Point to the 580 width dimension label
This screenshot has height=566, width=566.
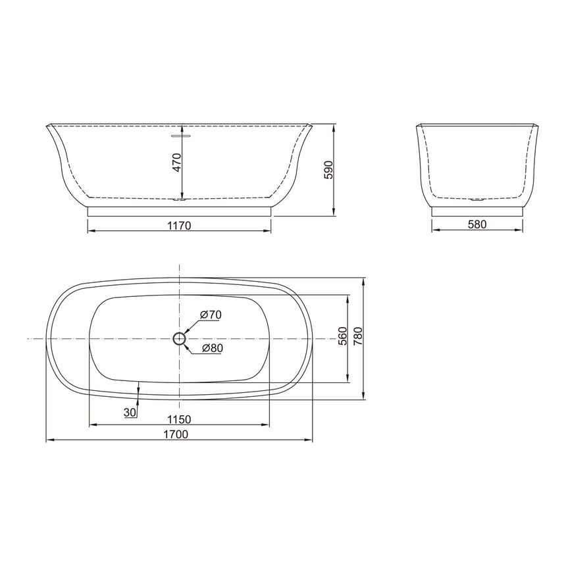coord(476,224)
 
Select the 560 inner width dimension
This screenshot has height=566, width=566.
coord(342,337)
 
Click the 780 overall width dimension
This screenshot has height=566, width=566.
coord(359,337)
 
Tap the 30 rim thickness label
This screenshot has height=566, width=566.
coord(130,412)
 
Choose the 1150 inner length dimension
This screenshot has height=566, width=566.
coord(178,419)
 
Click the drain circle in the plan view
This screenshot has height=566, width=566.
coord(179,338)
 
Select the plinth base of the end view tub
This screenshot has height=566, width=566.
coord(477,211)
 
